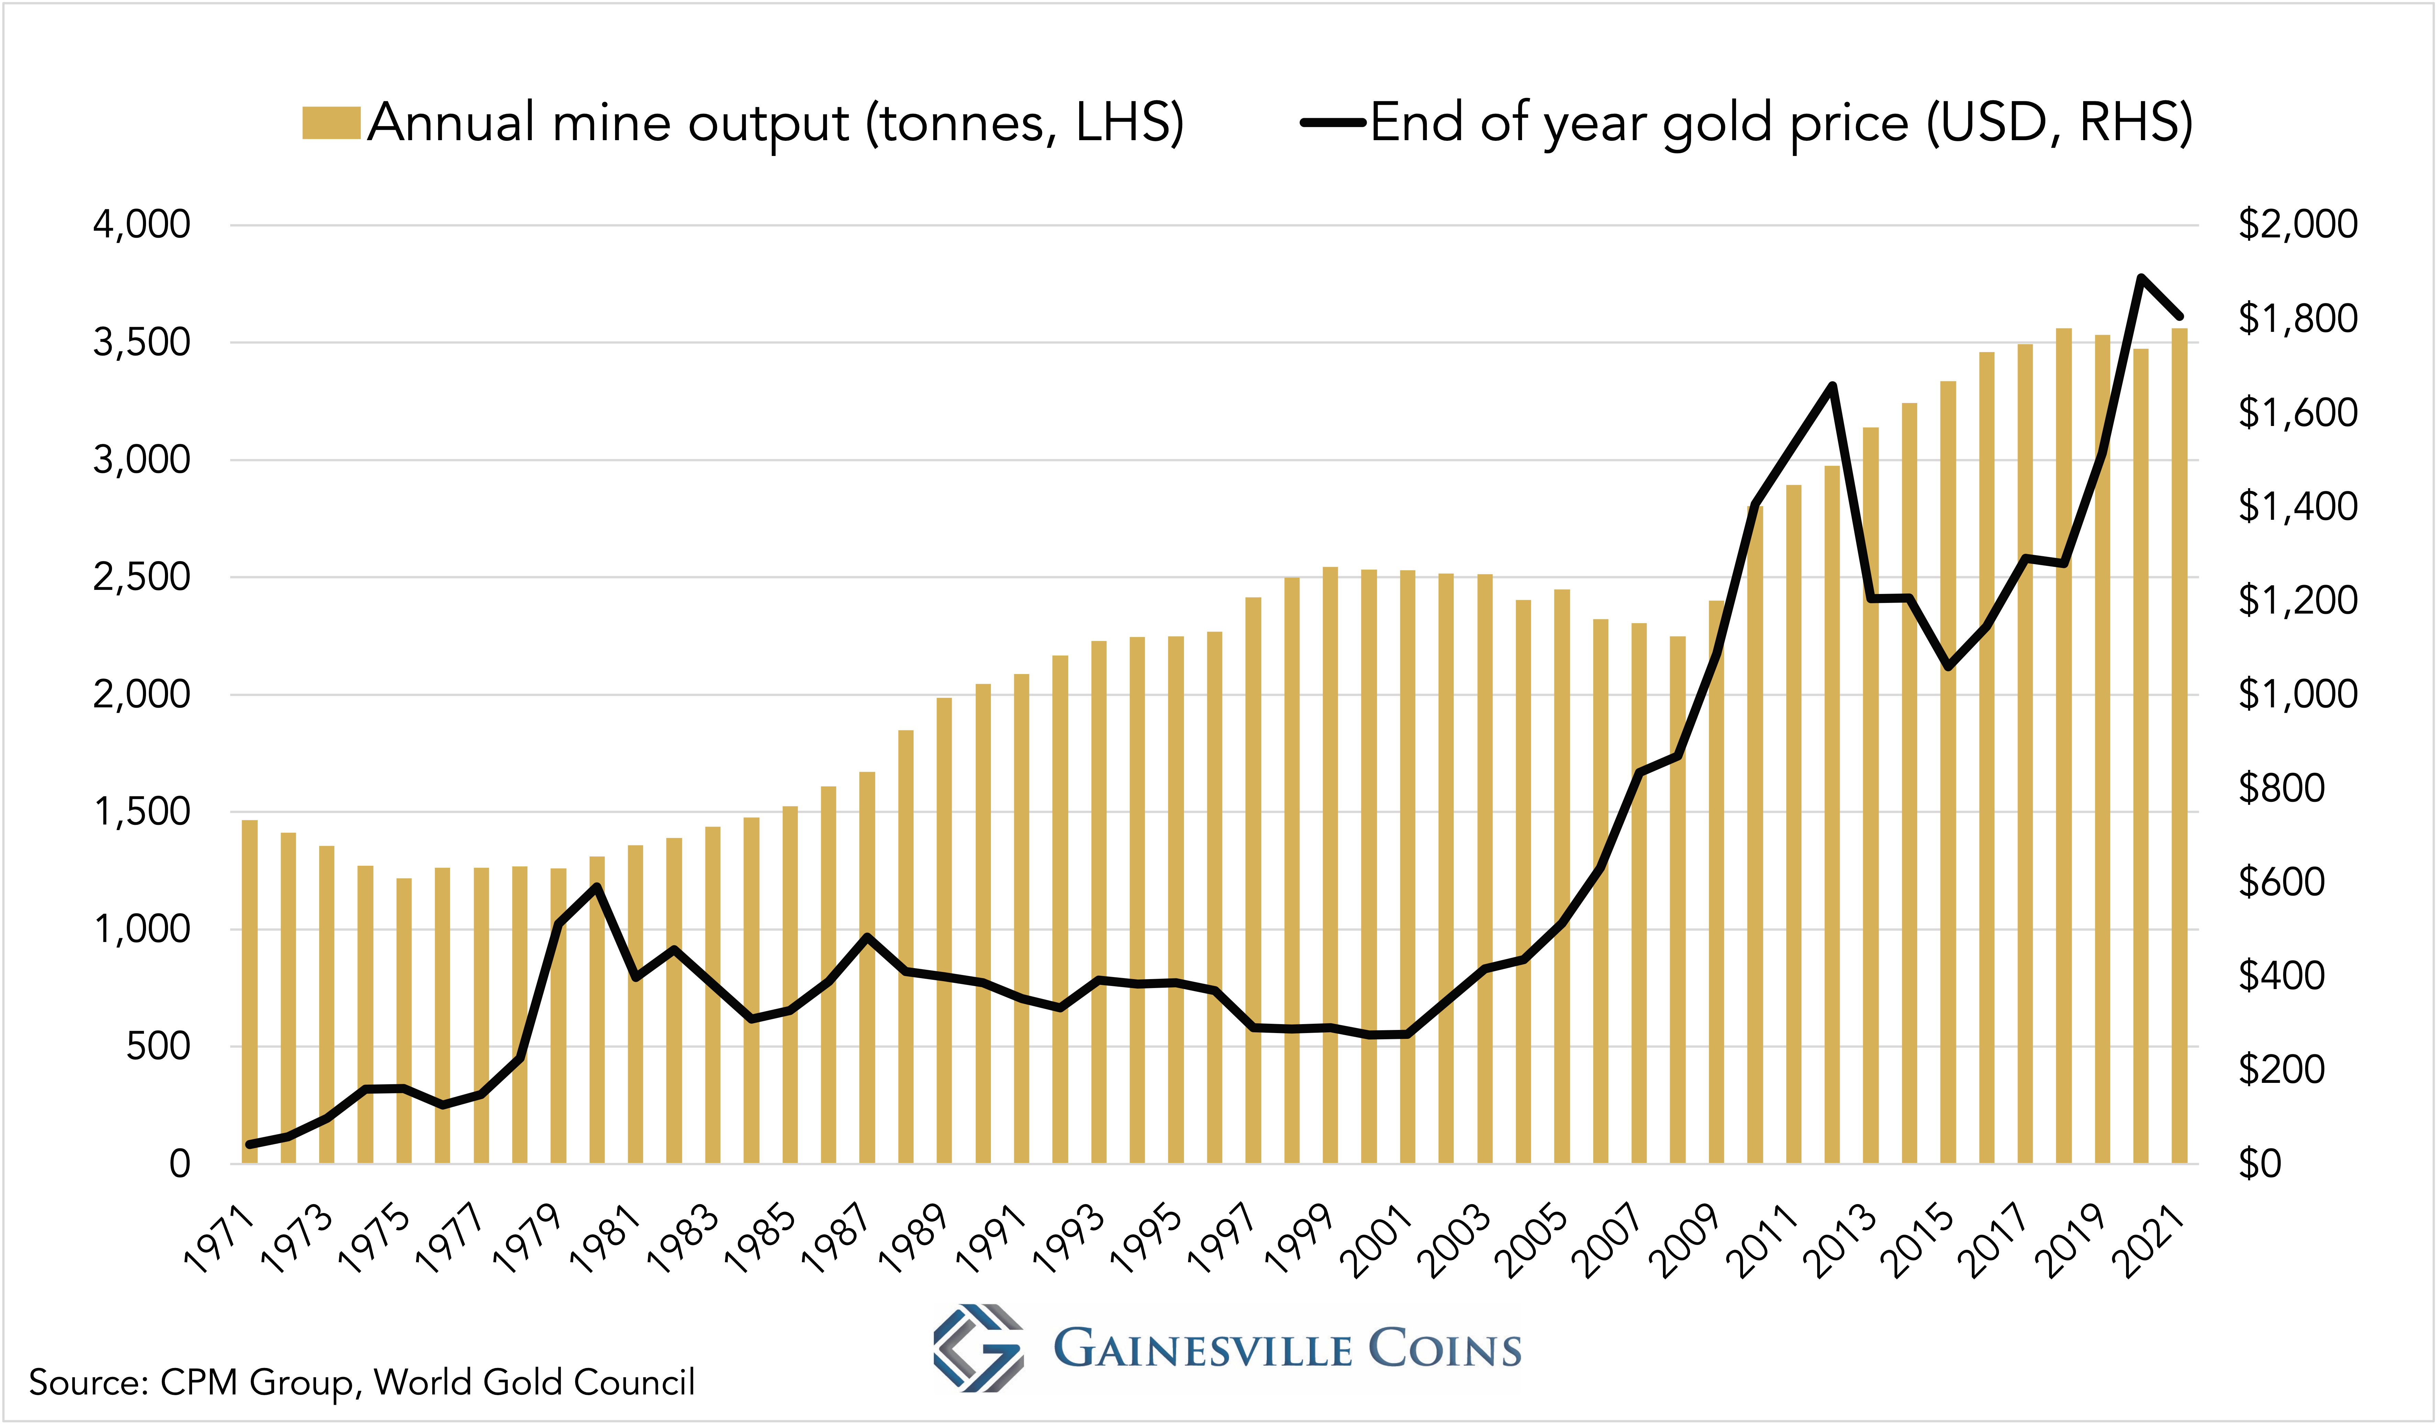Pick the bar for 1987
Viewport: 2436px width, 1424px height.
867,967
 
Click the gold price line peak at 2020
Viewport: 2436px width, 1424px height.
2141,278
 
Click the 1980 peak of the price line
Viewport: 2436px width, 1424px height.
597,886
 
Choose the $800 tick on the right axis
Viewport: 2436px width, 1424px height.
2281,788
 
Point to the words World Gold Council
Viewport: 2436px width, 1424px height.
535,1382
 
